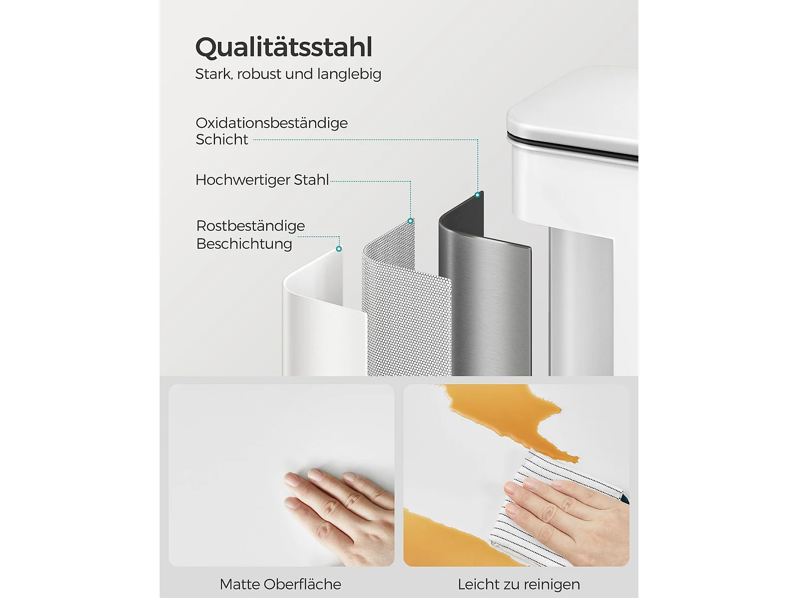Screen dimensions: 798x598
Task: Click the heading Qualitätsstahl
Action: [284, 47]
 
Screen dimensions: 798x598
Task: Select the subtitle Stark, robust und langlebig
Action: [288, 74]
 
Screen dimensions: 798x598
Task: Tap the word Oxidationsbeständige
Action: [272, 124]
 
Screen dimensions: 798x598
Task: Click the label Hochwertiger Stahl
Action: [262, 180]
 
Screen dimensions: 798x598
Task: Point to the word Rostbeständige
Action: [250, 226]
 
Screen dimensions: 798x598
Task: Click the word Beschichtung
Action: [244, 244]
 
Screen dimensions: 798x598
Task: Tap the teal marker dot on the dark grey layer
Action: [477, 195]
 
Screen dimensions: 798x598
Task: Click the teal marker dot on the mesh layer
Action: [410, 221]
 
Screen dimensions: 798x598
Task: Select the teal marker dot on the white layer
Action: [339, 249]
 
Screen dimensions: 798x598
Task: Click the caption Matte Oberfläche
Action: [280, 585]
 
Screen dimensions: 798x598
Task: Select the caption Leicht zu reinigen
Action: [519, 585]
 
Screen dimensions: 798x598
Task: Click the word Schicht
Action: [222, 140]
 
